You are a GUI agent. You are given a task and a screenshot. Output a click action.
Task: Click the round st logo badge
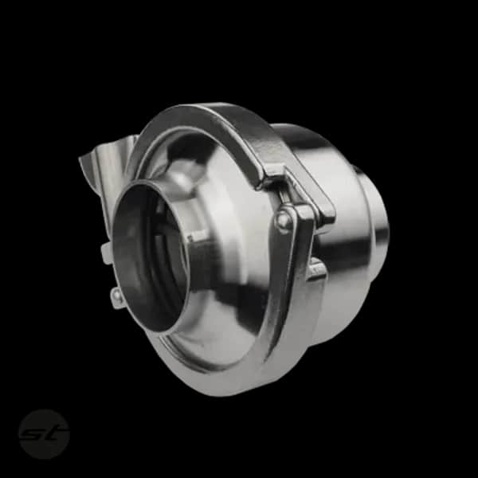(44, 434)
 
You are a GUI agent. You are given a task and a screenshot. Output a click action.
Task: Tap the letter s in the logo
(34, 434)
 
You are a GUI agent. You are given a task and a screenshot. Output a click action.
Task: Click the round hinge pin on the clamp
(283, 218)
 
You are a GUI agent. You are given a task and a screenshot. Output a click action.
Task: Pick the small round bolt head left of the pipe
(116, 295)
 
